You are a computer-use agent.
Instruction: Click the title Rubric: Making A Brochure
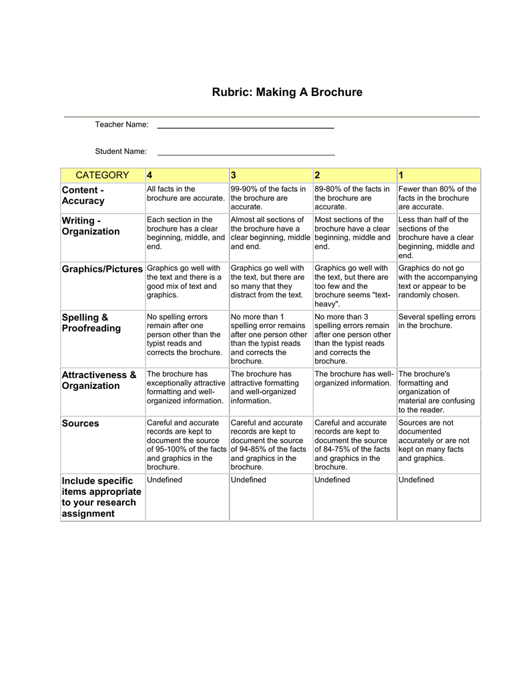click(x=287, y=92)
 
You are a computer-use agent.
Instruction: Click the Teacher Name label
click(x=121, y=125)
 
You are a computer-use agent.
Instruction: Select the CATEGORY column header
click(x=102, y=175)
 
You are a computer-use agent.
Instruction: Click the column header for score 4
click(x=150, y=175)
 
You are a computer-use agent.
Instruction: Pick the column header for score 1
click(x=401, y=175)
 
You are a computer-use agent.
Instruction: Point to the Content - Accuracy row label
click(x=83, y=195)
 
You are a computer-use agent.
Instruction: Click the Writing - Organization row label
click(x=91, y=226)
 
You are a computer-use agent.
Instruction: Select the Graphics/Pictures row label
click(x=102, y=269)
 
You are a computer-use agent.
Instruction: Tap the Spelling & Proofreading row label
click(x=91, y=323)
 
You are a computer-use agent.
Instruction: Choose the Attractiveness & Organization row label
click(x=99, y=380)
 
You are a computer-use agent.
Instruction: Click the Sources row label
click(x=80, y=424)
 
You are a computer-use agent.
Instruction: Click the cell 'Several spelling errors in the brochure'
click(x=437, y=321)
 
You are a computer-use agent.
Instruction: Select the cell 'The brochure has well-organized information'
click(x=354, y=378)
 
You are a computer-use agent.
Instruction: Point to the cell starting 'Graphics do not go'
click(x=437, y=281)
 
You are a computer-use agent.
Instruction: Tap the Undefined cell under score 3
click(x=248, y=480)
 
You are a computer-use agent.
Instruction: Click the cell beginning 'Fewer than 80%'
click(x=437, y=198)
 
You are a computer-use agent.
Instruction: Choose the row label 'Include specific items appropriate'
click(x=101, y=497)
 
